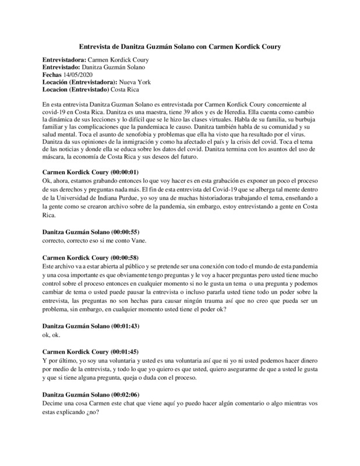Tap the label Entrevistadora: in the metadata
point(64,59)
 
